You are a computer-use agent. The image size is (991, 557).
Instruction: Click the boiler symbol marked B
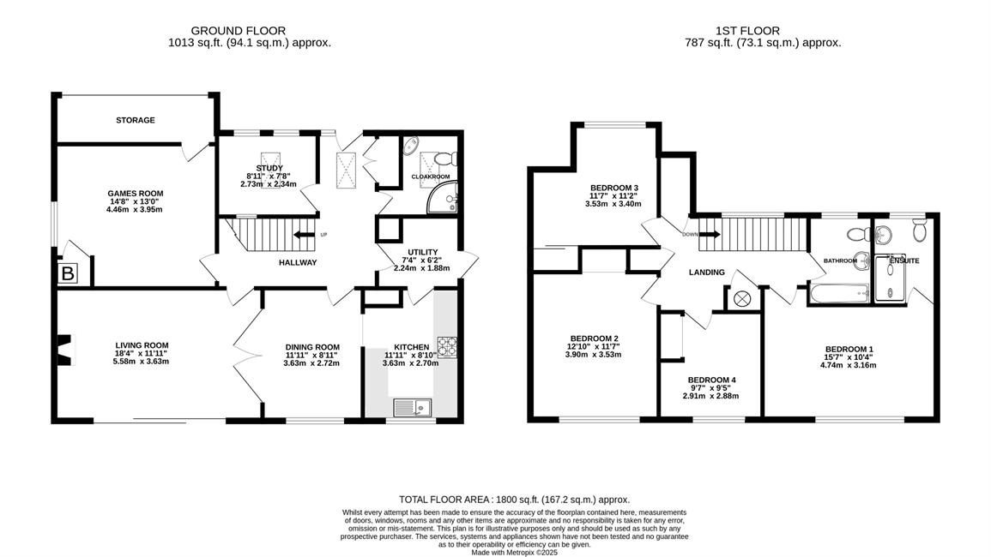tap(68, 273)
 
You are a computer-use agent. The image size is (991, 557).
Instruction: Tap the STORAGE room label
tap(136, 120)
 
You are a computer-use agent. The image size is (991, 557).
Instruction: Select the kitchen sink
tap(412, 408)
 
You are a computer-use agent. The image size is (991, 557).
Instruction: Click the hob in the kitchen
tap(448, 347)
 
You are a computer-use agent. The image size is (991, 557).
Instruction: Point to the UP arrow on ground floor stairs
tap(305, 235)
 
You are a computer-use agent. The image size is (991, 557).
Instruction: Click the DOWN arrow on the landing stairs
tap(710, 234)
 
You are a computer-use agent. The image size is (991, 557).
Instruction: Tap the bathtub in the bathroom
tap(838, 293)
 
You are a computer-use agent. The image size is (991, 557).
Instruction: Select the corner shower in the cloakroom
tap(443, 198)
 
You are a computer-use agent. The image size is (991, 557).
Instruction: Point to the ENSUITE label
tap(904, 261)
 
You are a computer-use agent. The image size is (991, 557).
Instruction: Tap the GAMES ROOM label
tap(136, 194)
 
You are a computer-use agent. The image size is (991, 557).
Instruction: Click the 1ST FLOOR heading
tap(747, 30)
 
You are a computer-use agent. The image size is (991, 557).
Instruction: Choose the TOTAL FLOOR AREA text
tap(515, 500)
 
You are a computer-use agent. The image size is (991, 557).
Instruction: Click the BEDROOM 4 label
tap(711, 380)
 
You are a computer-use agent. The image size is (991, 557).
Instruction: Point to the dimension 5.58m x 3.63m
tap(141, 362)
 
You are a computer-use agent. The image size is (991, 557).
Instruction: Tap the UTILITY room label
tap(423, 253)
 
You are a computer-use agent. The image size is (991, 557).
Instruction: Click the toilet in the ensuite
tap(920, 231)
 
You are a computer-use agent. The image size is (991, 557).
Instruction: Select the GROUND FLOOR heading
tap(239, 30)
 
